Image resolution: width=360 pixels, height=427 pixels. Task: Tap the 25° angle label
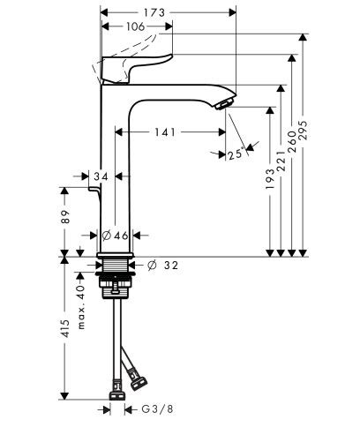(235, 156)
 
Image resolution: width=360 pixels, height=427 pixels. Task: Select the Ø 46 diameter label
(116, 236)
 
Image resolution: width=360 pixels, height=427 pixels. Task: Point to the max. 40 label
(79, 305)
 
